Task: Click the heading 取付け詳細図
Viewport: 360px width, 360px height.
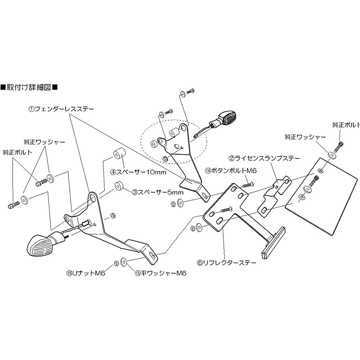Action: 29,87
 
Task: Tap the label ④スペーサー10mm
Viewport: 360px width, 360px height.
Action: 138,172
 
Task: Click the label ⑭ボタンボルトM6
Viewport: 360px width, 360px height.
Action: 230,170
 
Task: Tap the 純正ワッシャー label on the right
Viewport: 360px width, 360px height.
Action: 305,137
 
